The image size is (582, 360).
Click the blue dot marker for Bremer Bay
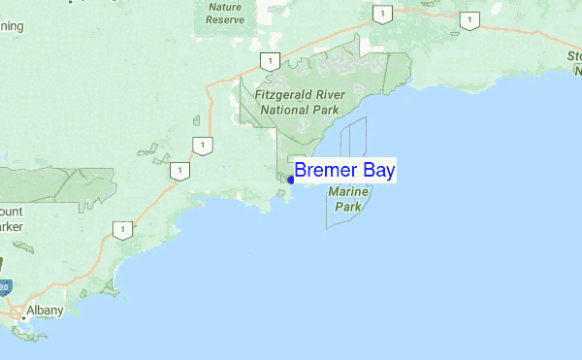tap(291, 179)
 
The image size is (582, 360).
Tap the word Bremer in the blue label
tap(325, 171)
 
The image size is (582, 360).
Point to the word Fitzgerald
tap(286, 96)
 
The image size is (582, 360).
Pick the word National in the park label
tap(290, 110)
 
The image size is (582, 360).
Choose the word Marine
tap(347, 193)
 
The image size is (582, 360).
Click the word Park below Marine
tap(347, 207)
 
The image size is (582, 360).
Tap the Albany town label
tap(46, 310)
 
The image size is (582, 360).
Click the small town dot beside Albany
tap(23, 315)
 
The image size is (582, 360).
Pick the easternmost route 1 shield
tap(469, 20)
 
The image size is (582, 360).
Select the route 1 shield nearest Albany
tap(121, 230)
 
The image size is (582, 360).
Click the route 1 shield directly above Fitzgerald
tap(266, 61)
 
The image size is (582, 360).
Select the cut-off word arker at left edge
tap(11, 226)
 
